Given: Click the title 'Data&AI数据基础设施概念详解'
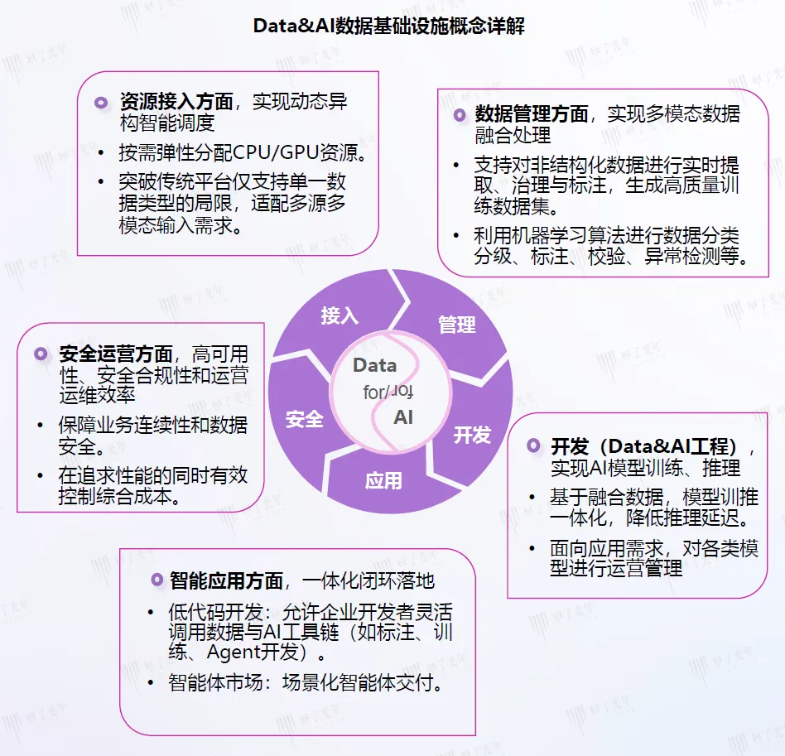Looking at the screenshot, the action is pyautogui.click(x=389, y=26).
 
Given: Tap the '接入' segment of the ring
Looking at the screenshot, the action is pyautogui.click(x=339, y=315).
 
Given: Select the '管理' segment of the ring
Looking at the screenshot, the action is pyautogui.click(x=457, y=325).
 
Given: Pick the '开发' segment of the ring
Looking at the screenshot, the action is pyautogui.click(x=472, y=434).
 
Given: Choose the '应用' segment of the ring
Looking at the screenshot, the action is pyautogui.click(x=383, y=479).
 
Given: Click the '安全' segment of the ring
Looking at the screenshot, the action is pyautogui.click(x=304, y=419).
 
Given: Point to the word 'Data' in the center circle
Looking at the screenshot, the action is pyautogui.click(x=374, y=365).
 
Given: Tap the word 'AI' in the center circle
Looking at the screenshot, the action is pyautogui.click(x=403, y=417).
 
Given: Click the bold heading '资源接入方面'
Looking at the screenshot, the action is pyautogui.click(x=176, y=102).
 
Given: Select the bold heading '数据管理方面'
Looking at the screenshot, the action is pyautogui.click(x=532, y=114).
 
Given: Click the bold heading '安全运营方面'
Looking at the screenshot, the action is pyautogui.click(x=116, y=354).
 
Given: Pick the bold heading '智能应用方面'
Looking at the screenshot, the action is pyautogui.click(x=227, y=580).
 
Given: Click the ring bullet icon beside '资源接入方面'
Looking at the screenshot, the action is pyautogui.click(x=101, y=103).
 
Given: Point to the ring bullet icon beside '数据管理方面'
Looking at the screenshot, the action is pyautogui.click(x=459, y=115).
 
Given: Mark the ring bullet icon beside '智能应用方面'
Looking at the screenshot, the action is pyautogui.click(x=155, y=580).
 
